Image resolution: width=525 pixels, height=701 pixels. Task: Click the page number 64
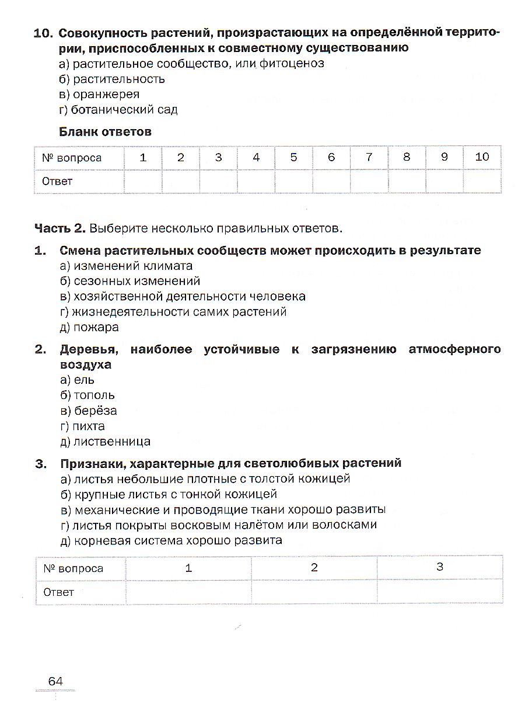click(55, 681)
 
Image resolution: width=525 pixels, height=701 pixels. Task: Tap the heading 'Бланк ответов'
click(106, 132)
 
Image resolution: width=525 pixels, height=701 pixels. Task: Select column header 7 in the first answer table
click(369, 157)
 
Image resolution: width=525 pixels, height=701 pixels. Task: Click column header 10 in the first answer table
click(482, 157)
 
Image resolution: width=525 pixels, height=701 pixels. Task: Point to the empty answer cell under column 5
click(293, 181)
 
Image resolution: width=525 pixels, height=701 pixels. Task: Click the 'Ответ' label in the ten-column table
click(57, 181)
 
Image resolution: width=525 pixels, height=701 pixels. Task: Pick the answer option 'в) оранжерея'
click(100, 94)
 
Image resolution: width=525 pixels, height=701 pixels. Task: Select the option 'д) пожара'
click(89, 327)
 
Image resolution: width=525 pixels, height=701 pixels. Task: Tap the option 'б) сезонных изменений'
click(129, 282)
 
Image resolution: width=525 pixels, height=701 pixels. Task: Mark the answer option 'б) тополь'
click(87, 395)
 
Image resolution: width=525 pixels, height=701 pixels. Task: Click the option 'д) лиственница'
click(105, 442)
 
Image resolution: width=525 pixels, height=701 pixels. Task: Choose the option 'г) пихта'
click(82, 426)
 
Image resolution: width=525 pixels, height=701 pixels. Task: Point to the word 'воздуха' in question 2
click(85, 365)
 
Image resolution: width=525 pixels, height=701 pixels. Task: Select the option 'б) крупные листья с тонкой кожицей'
click(168, 494)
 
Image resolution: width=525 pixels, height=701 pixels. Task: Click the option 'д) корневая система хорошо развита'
click(171, 540)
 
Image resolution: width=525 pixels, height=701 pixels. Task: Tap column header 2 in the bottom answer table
click(314, 567)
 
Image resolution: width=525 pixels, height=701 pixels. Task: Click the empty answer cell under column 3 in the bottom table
click(439, 592)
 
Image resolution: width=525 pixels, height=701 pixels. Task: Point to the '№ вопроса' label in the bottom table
click(72, 568)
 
